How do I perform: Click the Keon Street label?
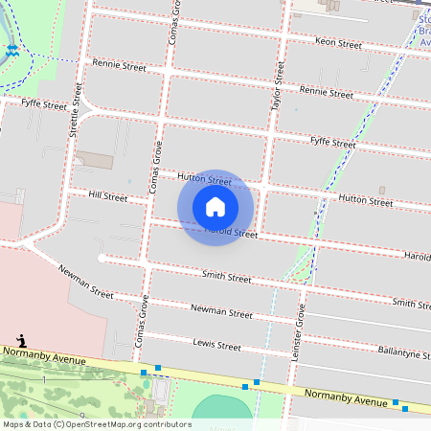(x=338, y=44)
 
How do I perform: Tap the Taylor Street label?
(x=279, y=87)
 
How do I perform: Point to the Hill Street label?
(x=107, y=197)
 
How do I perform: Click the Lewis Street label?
(x=216, y=345)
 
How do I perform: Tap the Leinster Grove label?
(x=298, y=330)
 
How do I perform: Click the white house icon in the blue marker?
(x=215, y=206)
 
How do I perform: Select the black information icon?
(x=21, y=341)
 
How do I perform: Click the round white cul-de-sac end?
(x=102, y=258)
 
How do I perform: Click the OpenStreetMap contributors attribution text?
(x=97, y=424)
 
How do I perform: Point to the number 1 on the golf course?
(x=43, y=380)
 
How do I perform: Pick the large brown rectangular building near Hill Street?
(x=94, y=158)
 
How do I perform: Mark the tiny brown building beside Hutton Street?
(x=382, y=190)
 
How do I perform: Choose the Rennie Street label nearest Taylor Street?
(x=326, y=92)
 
